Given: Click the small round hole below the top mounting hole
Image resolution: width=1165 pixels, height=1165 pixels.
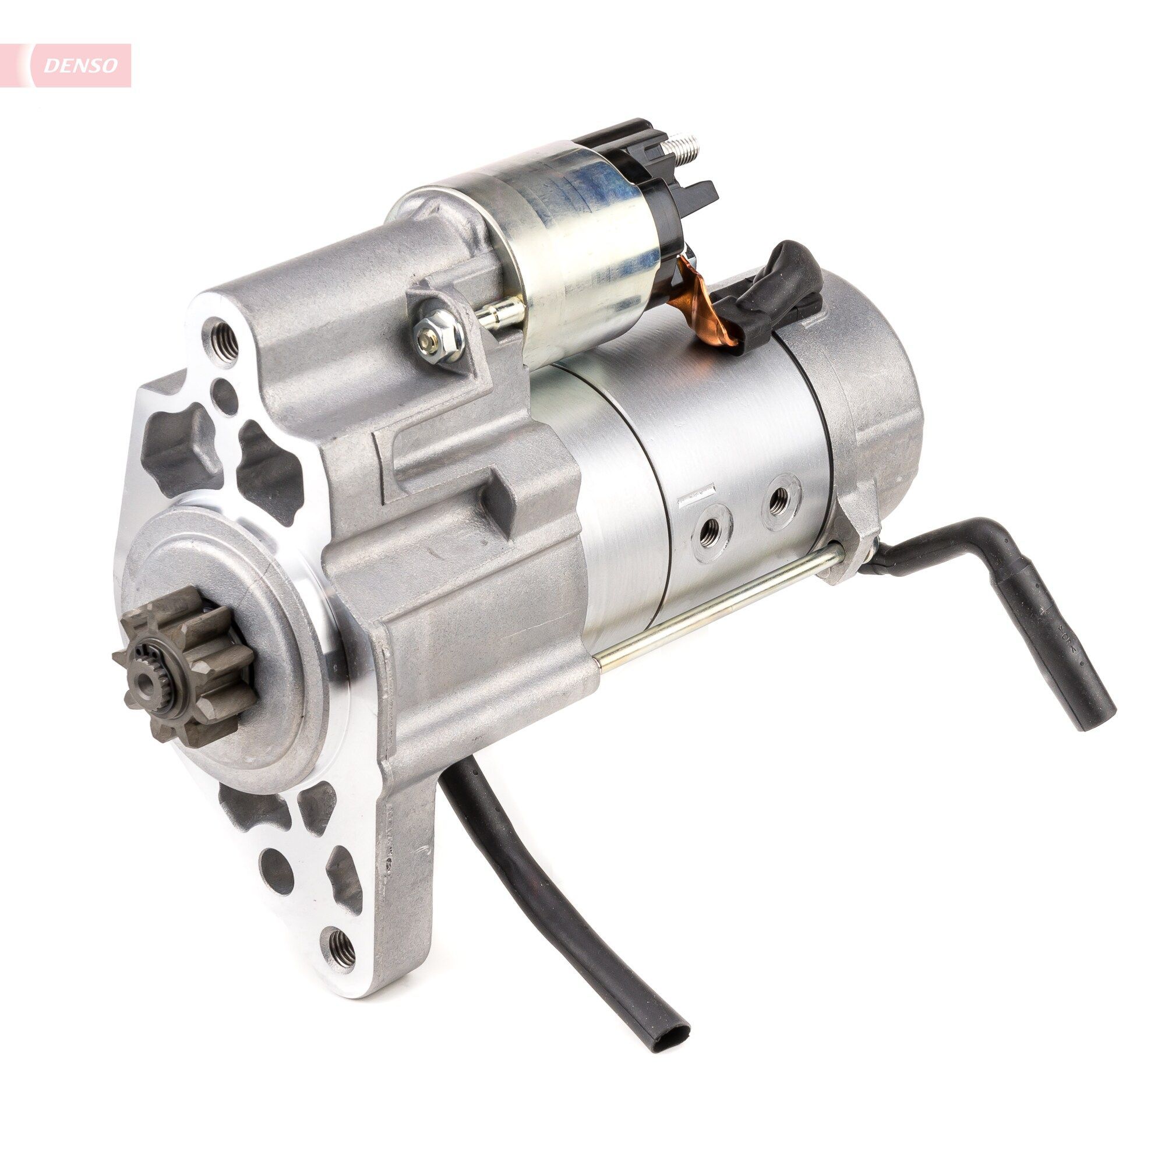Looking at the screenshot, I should [x=224, y=391].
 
